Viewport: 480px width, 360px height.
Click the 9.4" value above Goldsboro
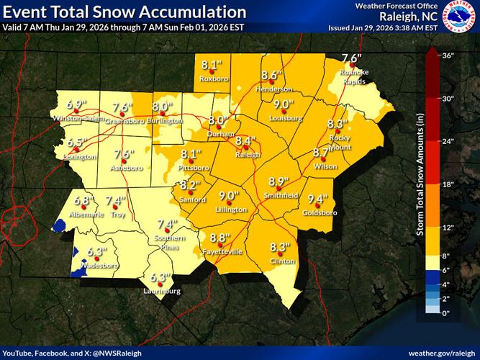coord(317,199)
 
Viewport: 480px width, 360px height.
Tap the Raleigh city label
coord(246,153)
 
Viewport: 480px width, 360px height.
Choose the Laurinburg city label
coord(160,292)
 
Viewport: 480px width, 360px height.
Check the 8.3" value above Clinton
coord(279,247)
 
